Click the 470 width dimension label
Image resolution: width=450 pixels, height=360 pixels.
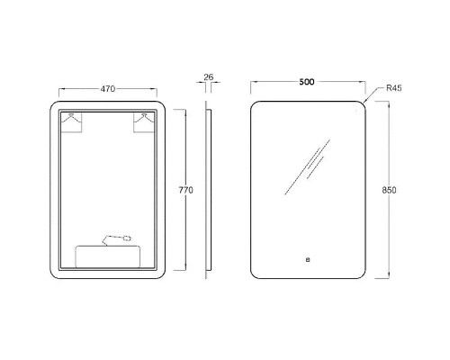click(x=108, y=89)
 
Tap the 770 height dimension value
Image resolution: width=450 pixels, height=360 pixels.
click(x=186, y=190)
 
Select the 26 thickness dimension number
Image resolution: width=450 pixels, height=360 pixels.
click(x=209, y=77)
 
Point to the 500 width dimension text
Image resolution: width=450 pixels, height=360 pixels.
click(x=307, y=82)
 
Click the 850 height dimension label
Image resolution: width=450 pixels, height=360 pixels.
click(x=389, y=190)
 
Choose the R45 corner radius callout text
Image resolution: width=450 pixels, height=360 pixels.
click(x=394, y=88)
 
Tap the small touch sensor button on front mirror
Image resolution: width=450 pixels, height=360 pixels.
click(x=308, y=260)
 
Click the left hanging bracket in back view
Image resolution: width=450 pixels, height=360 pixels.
click(x=71, y=121)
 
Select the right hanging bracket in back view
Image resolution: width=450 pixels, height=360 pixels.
click(x=144, y=121)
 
